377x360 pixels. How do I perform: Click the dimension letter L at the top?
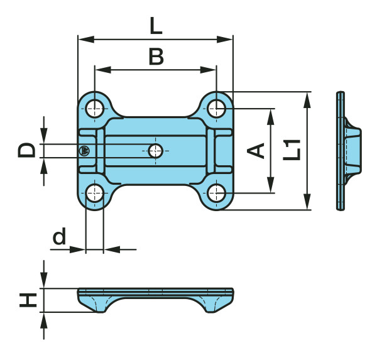(x=155, y=26)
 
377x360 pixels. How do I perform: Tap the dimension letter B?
(x=156, y=57)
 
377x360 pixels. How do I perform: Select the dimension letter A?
(x=256, y=151)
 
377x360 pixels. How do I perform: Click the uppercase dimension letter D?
(x=26, y=150)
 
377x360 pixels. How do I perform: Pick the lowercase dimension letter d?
(x=59, y=237)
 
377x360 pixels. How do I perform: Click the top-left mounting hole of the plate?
(x=94, y=107)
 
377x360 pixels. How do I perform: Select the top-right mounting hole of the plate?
(x=216, y=107)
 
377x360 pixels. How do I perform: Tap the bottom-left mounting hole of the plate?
(x=94, y=193)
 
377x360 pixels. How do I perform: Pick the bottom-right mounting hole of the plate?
(x=216, y=193)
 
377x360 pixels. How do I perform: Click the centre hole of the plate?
(x=155, y=150)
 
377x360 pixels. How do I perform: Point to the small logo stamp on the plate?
(x=84, y=150)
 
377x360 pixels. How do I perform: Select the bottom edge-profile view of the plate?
(x=155, y=298)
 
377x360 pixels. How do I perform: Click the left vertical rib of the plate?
(x=100, y=151)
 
